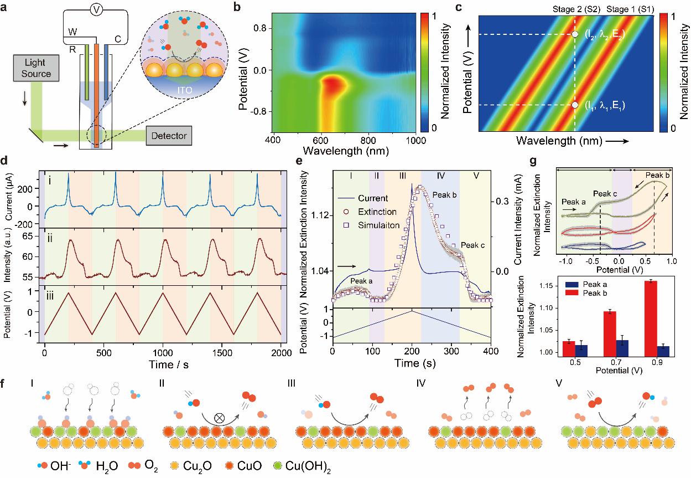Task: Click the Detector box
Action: (x=170, y=135)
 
